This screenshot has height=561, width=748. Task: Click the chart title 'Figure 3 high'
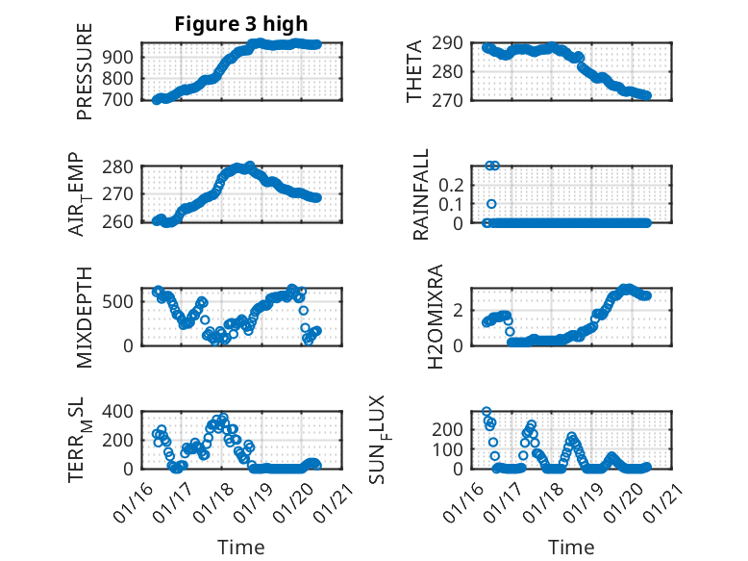point(241,24)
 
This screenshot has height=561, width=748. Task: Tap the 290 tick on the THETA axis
point(455,43)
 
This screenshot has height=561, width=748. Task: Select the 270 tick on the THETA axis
point(455,100)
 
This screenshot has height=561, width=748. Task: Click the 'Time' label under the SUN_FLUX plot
point(571,548)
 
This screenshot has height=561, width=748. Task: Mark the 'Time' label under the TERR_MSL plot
point(240,548)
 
